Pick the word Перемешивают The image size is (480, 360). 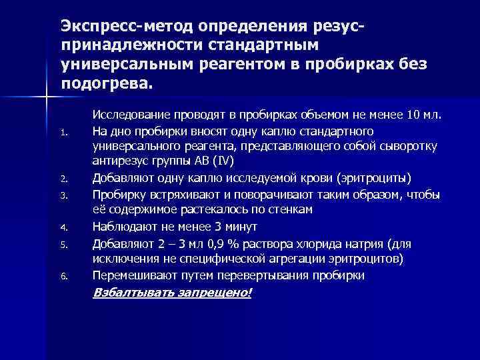click(135, 274)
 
